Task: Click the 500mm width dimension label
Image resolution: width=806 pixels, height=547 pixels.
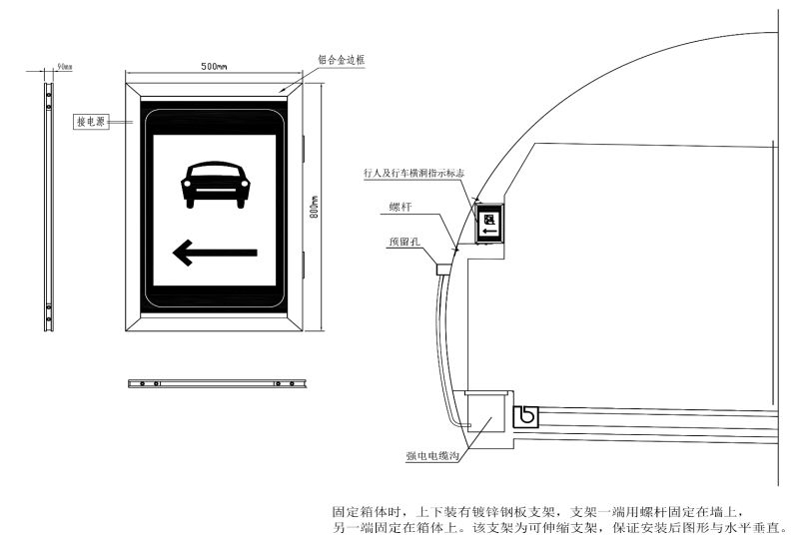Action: pyautogui.click(x=214, y=66)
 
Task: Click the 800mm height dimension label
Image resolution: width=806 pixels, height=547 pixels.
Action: pyautogui.click(x=314, y=207)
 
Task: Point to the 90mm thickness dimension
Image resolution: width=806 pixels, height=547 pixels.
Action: pyautogui.click(x=64, y=66)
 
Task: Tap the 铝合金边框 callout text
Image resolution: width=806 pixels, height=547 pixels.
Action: pyautogui.click(x=342, y=60)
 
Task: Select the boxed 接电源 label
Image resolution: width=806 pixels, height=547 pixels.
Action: pyautogui.click(x=91, y=122)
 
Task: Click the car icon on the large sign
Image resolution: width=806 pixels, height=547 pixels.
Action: pyautogui.click(x=216, y=185)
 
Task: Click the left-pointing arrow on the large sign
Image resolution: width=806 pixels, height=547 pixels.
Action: pyautogui.click(x=215, y=253)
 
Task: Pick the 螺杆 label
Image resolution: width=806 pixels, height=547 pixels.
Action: pyautogui.click(x=401, y=207)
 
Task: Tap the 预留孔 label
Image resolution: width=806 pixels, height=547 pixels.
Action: pyautogui.click(x=404, y=242)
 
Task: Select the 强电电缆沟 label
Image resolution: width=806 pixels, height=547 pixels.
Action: pyautogui.click(x=432, y=455)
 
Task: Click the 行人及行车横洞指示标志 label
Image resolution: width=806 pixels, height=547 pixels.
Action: pyautogui.click(x=413, y=173)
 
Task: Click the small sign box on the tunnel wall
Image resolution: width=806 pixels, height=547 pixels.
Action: pyautogui.click(x=489, y=223)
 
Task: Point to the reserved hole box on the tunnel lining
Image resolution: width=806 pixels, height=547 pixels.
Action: pyautogui.click(x=443, y=270)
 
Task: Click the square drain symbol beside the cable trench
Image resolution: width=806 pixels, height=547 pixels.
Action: pyautogui.click(x=526, y=416)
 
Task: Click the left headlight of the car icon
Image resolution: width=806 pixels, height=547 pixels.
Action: pyautogui.click(x=186, y=184)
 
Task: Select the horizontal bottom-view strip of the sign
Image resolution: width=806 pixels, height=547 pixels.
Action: pyautogui.click(x=217, y=383)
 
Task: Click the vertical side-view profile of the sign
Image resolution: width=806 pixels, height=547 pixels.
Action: pyautogui.click(x=48, y=207)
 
